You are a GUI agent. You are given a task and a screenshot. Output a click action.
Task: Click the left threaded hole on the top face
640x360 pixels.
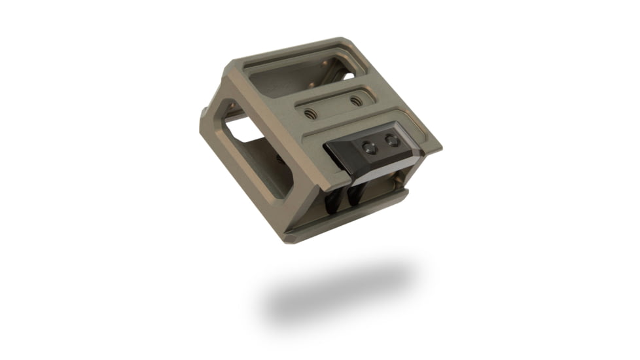coord(311,115)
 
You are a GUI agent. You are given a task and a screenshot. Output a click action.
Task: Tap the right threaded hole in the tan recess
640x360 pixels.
coord(355,101)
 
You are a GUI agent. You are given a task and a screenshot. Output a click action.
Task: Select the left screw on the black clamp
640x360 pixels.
coord(370,149)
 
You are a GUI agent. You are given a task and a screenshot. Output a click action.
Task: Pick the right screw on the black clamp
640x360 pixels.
coord(392,139)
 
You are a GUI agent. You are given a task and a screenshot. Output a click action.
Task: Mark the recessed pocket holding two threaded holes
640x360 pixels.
coord(334,107)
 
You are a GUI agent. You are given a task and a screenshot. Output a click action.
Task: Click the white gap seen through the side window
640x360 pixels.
coord(245,131)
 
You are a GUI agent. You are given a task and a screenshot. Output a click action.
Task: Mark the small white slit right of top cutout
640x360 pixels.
coord(349,76)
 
